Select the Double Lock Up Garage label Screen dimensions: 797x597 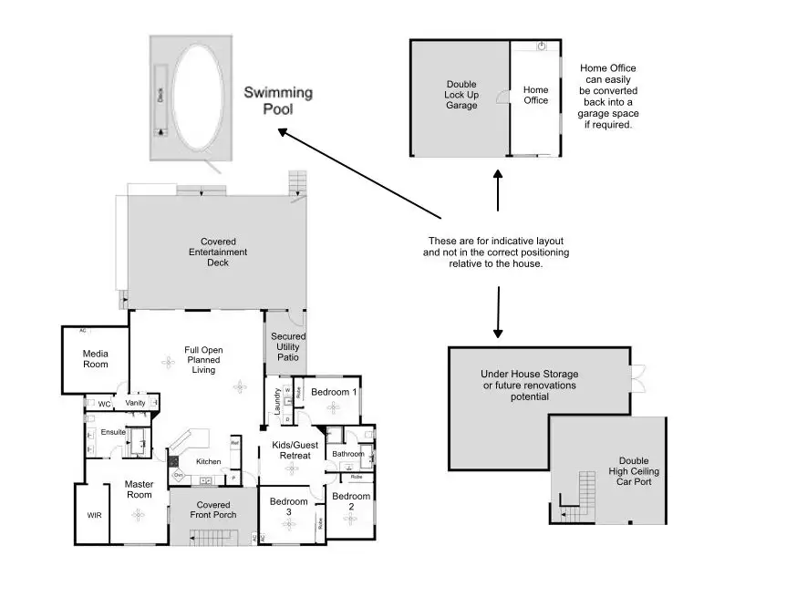click(461, 95)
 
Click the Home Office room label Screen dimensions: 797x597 click(535, 95)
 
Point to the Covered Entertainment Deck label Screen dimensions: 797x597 click(217, 252)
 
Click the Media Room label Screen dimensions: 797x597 click(95, 358)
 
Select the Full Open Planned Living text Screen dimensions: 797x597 click(203, 360)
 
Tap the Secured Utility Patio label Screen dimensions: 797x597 click(288, 347)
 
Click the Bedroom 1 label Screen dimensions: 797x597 click(333, 392)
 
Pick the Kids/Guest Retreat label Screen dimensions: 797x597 click(292, 450)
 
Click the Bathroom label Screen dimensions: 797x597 click(347, 454)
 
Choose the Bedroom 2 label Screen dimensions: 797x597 click(350, 502)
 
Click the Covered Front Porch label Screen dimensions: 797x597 click(213, 510)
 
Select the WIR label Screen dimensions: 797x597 click(95, 515)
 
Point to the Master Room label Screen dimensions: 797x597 click(139, 489)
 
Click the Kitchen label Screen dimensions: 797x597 click(209, 461)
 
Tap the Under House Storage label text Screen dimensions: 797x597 click(529, 386)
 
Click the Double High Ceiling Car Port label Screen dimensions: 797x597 click(633, 471)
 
